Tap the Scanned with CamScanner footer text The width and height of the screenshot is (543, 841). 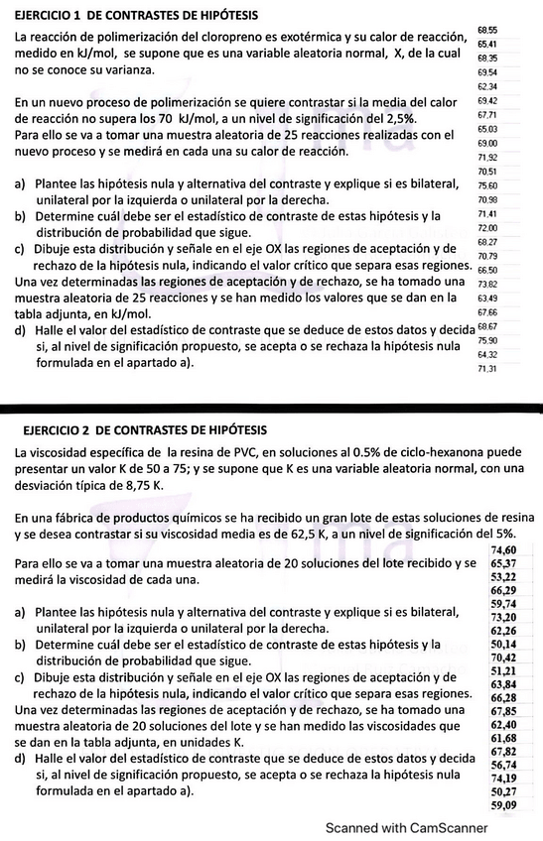click(x=407, y=827)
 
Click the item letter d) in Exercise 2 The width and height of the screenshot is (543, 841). click(x=21, y=759)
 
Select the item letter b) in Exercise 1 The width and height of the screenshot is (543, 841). click(x=21, y=216)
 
